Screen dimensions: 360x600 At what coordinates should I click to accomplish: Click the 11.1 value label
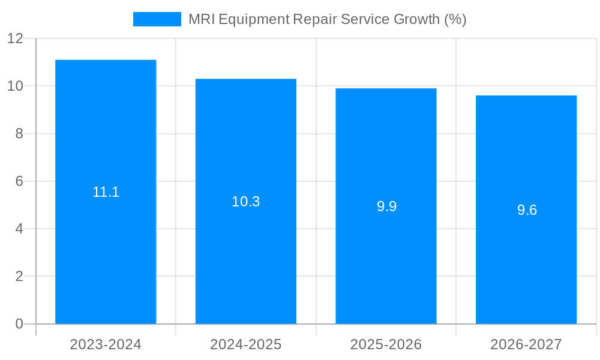[x=106, y=192]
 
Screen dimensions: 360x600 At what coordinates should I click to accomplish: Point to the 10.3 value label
[x=246, y=202]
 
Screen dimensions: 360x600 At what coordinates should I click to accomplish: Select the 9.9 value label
[x=386, y=206]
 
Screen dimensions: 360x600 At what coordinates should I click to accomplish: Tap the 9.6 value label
[x=527, y=210]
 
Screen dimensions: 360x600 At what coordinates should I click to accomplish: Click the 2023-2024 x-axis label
[x=106, y=344]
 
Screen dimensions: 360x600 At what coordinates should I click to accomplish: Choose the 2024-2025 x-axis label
[x=246, y=344]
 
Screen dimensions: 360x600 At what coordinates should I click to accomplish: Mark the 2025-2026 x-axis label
[x=386, y=344]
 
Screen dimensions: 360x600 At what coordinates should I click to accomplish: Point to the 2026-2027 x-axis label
[x=526, y=344]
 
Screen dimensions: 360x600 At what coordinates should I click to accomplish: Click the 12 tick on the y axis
[x=15, y=38]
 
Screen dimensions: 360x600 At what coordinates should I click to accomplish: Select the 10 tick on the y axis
[x=15, y=86]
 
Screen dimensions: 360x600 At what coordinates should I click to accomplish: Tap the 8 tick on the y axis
[x=19, y=134]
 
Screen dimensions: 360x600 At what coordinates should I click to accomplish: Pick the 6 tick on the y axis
[x=19, y=181]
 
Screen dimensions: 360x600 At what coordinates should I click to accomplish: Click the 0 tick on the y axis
[x=19, y=324]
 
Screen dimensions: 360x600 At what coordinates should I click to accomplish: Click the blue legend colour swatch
[x=157, y=19]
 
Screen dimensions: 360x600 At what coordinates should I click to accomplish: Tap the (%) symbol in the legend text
[x=455, y=19]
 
